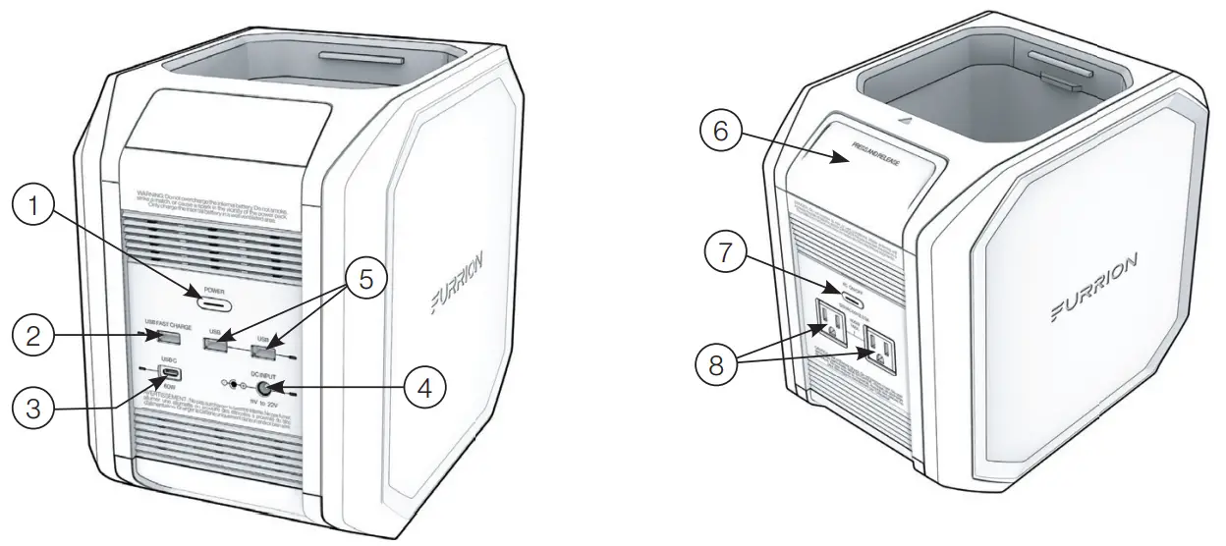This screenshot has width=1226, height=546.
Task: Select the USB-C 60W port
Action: pyautogui.click(x=169, y=374)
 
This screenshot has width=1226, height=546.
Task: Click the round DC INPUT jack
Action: pyautogui.click(x=264, y=386)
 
